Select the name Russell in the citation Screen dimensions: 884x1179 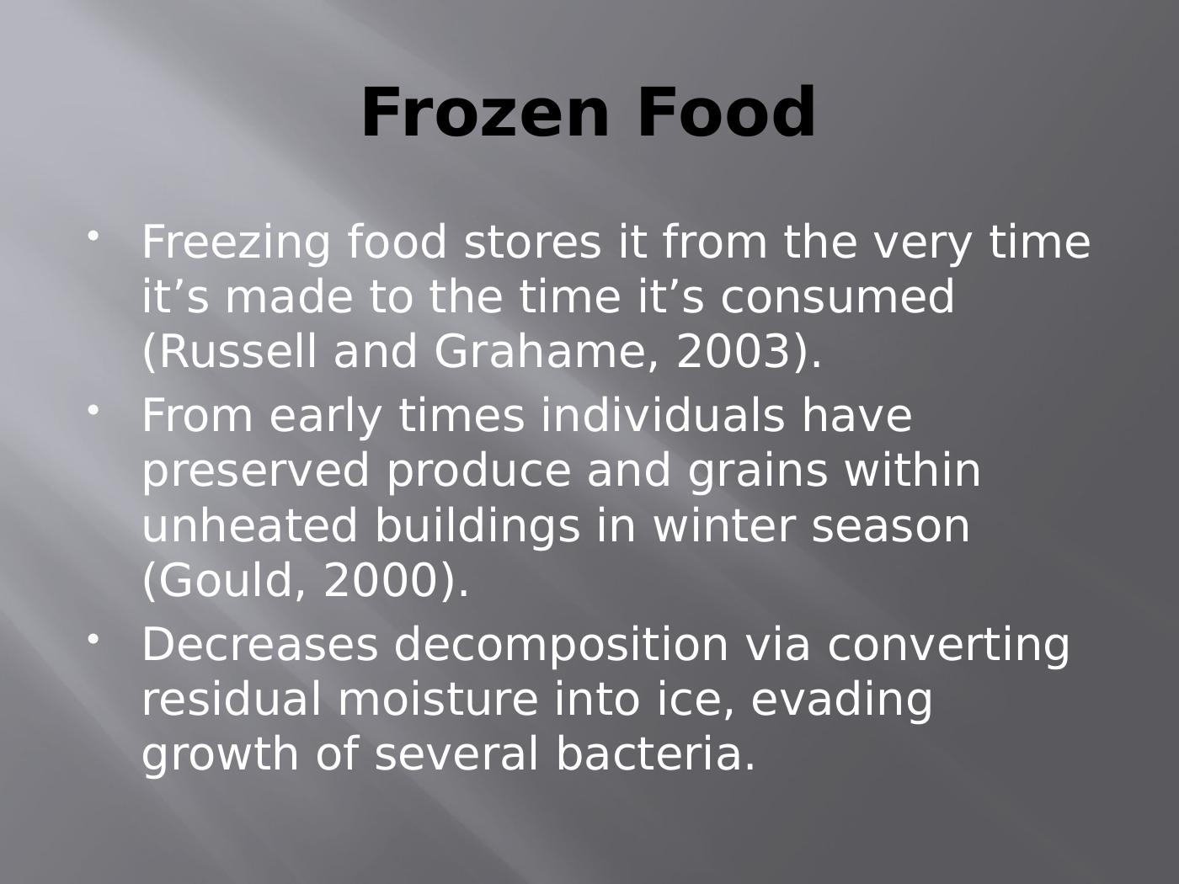point(233,352)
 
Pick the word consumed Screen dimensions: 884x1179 point(838,297)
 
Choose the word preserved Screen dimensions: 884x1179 point(255,471)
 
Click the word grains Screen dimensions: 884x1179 point(758,471)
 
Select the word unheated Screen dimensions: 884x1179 point(249,526)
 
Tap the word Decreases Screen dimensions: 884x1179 point(259,645)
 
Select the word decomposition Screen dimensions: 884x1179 point(561,645)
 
